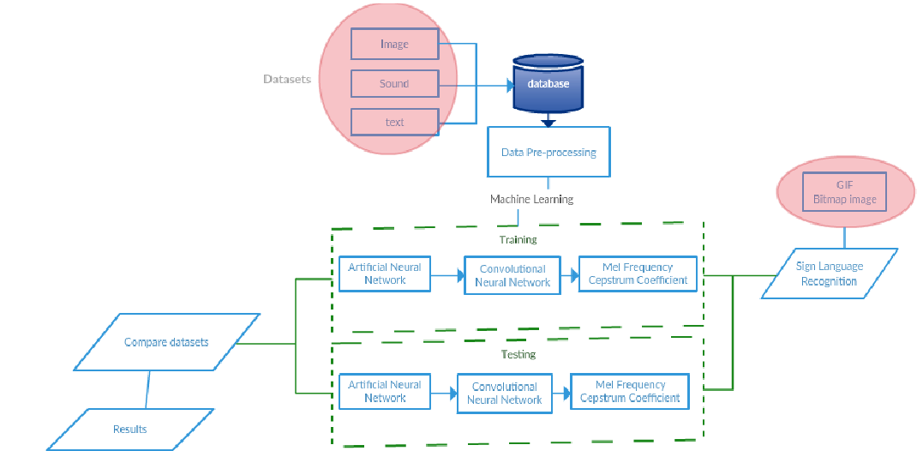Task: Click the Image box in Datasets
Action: pyautogui.click(x=394, y=44)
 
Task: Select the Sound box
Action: pyautogui.click(x=394, y=84)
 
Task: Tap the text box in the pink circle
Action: pyautogui.click(x=394, y=123)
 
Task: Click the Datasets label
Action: pyautogui.click(x=287, y=79)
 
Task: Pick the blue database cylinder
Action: pyautogui.click(x=548, y=85)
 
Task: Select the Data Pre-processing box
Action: pyautogui.click(x=548, y=152)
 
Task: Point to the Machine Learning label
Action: pyautogui.click(x=531, y=199)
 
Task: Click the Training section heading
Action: pyautogui.click(x=518, y=240)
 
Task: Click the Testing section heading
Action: pyautogui.click(x=518, y=354)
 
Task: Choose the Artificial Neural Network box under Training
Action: pyautogui.click(x=385, y=274)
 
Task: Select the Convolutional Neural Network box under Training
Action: pyautogui.click(x=512, y=275)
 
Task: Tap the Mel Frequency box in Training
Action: pyautogui.click(x=638, y=274)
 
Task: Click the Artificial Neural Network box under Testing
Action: pyautogui.click(x=385, y=391)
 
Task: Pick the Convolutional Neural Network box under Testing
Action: pyautogui.click(x=505, y=393)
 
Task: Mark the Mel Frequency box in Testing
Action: pyautogui.click(x=630, y=391)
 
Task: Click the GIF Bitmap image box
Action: pyautogui.click(x=844, y=193)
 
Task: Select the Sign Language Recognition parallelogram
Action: pyautogui.click(x=829, y=274)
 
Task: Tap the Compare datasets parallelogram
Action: pyautogui.click(x=166, y=342)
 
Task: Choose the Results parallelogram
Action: pyautogui.click(x=130, y=429)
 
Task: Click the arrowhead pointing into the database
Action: pyautogui.click(x=508, y=85)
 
